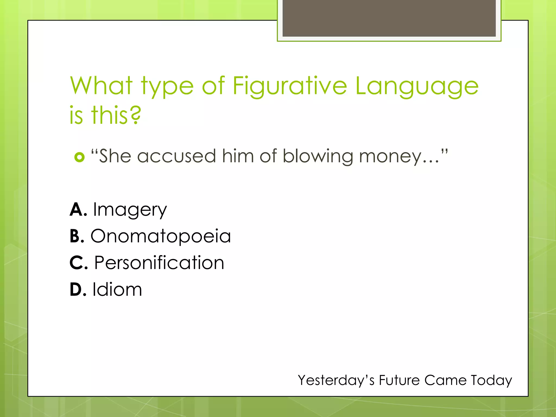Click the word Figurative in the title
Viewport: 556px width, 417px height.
[290, 86]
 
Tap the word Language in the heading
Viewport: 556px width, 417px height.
[417, 86]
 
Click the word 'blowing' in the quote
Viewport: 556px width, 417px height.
[318, 157]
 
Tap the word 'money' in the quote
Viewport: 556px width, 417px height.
[390, 157]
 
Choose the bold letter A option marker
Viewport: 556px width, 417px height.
[78, 210]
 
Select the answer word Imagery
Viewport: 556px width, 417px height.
[130, 210]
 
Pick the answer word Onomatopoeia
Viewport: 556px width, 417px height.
[160, 236]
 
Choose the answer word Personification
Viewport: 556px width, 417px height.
[159, 263]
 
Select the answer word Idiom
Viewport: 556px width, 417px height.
[117, 289]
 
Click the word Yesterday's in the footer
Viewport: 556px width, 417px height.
[336, 380]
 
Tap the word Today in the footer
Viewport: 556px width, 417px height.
[491, 380]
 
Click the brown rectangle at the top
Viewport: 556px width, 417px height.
[389, 18]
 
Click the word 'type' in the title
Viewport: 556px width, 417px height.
[167, 86]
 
